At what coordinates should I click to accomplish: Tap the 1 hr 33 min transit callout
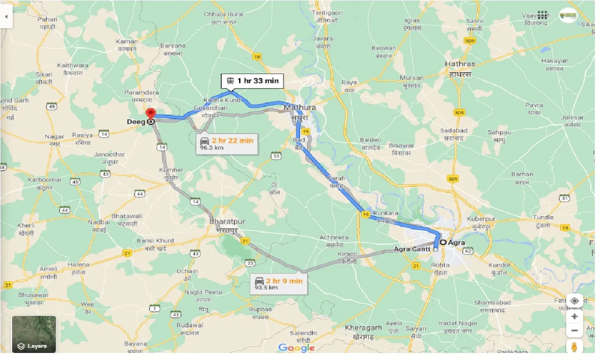point(252,81)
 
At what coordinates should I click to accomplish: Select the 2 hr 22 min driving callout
point(227,143)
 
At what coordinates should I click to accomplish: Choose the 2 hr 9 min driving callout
point(278,284)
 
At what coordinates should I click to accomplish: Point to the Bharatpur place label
point(227,221)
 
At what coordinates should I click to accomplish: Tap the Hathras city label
point(460,64)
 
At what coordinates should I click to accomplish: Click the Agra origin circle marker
point(442,242)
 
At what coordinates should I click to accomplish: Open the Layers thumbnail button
point(34,334)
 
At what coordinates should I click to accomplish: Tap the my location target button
point(575,301)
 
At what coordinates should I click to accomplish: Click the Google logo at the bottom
point(296,348)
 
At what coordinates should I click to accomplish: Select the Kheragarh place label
point(363,327)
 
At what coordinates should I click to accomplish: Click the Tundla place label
point(544,217)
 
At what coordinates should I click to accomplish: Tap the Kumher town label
point(172,170)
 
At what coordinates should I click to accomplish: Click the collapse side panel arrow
point(6,16)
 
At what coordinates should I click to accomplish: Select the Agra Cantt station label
point(412,249)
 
